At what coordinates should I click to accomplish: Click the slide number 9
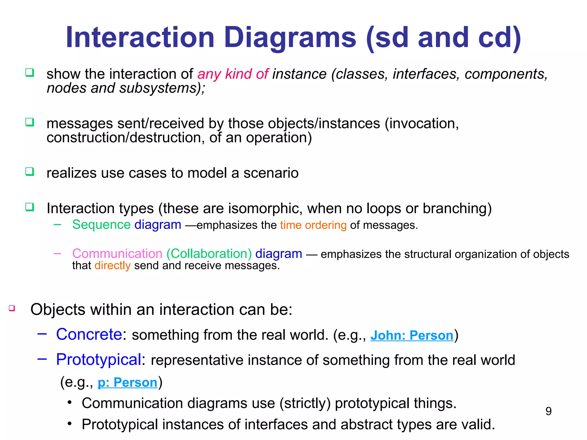pyautogui.click(x=548, y=411)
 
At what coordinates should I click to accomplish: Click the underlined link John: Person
pyautogui.click(x=412, y=335)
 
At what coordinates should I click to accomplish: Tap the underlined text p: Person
pyautogui.click(x=128, y=382)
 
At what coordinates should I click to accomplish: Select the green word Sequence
pyautogui.click(x=101, y=225)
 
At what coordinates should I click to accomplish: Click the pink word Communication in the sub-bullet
pyautogui.click(x=118, y=254)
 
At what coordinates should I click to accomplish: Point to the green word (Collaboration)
pyautogui.click(x=209, y=254)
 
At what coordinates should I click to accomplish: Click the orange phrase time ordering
pyautogui.click(x=313, y=225)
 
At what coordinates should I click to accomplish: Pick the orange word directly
pyautogui.click(x=112, y=266)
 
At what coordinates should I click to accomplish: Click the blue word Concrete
pyautogui.click(x=89, y=334)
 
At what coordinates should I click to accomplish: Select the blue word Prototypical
pyautogui.click(x=99, y=360)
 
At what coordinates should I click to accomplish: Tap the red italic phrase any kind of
pyautogui.click(x=233, y=74)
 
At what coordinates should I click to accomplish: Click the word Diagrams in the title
pyautogui.click(x=290, y=38)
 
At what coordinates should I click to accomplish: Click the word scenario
pyautogui.click(x=271, y=173)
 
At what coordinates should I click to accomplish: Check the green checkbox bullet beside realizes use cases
pyautogui.click(x=30, y=172)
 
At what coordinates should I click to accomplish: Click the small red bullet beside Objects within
pyautogui.click(x=12, y=308)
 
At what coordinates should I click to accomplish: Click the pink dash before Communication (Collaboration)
pyautogui.click(x=57, y=254)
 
